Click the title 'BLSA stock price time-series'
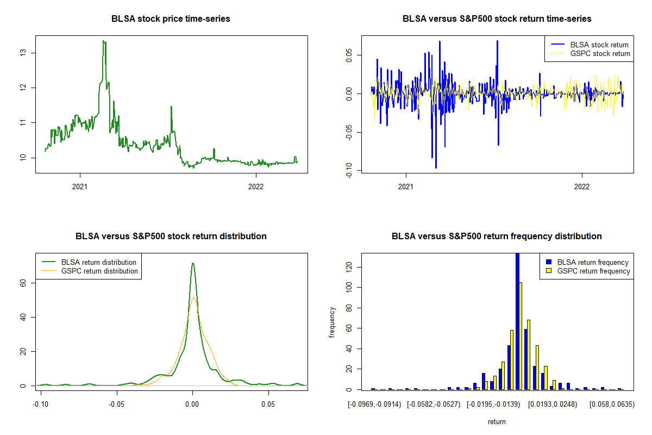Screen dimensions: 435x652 pyautogui.click(x=171, y=19)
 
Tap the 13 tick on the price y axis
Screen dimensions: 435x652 pyautogui.click(x=22, y=53)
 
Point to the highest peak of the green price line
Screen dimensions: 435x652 pyautogui.click(x=104, y=41)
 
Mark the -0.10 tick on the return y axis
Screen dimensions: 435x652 pyautogui.click(x=348, y=171)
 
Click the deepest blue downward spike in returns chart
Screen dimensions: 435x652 pyautogui.click(x=436, y=167)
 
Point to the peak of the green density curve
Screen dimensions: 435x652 pyautogui.click(x=192, y=264)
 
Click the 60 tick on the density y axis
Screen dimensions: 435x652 pyautogui.click(x=22, y=283)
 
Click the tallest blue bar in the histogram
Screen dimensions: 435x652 pyautogui.click(x=517, y=321)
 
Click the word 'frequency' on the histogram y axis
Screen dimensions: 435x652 pyautogui.click(x=332, y=322)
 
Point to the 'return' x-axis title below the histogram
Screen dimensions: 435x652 pyautogui.click(x=497, y=421)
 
